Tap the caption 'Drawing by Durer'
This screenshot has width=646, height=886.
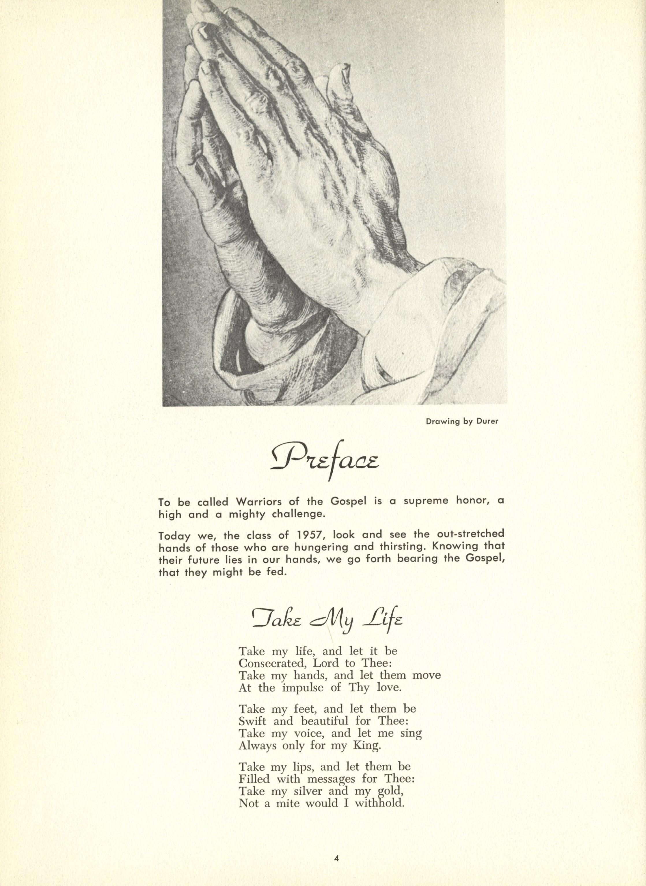pos(463,422)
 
